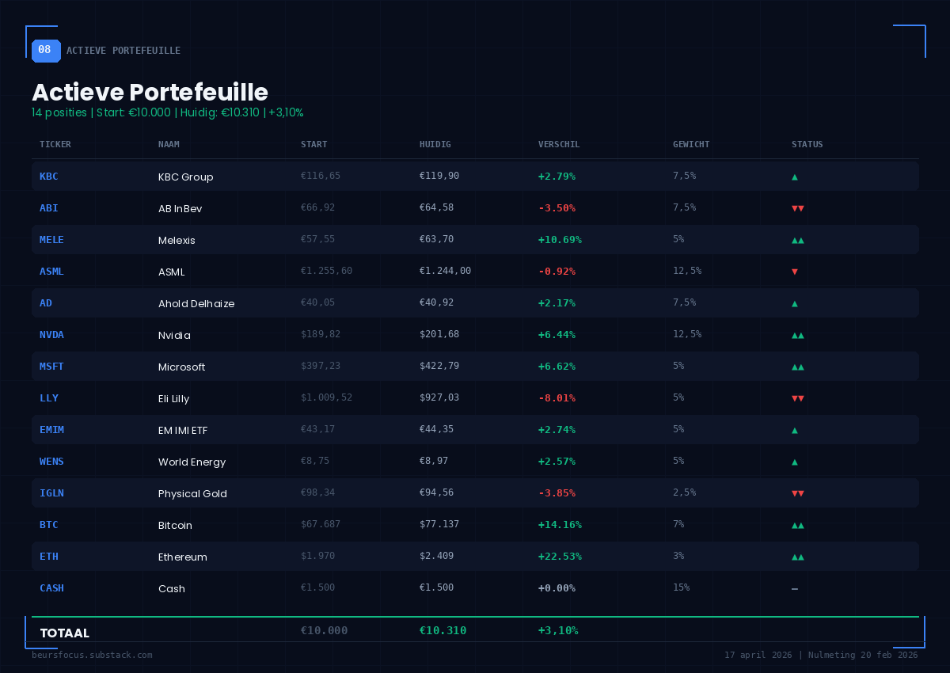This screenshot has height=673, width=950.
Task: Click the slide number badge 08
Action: tap(45, 50)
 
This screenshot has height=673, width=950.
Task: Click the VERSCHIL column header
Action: tap(559, 144)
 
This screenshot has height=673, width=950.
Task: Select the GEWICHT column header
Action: tap(691, 144)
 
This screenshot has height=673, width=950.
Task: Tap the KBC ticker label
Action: tap(48, 176)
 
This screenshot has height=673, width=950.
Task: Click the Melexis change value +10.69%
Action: tap(560, 239)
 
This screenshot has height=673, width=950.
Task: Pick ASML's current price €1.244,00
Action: tap(445, 271)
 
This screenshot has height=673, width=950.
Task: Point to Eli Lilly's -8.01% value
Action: tap(557, 397)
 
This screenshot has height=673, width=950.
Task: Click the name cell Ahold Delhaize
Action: tap(196, 303)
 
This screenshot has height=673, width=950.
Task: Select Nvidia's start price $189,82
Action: tap(321, 334)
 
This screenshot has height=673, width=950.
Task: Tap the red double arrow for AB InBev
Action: tap(797, 208)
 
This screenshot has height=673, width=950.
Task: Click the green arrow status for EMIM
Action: tap(794, 430)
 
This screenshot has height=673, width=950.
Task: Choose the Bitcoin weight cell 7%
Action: tap(678, 524)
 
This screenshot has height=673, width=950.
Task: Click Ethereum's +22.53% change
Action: tap(560, 556)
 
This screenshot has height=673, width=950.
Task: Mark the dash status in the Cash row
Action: tap(794, 588)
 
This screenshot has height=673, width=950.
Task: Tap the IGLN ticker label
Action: tap(51, 492)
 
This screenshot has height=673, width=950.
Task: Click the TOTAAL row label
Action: tap(64, 633)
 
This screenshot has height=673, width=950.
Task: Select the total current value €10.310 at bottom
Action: tap(443, 630)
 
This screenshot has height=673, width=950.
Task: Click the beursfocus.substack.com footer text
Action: tap(92, 655)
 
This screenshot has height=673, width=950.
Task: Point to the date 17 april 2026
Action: tap(758, 655)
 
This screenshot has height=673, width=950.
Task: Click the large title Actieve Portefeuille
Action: tap(150, 92)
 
